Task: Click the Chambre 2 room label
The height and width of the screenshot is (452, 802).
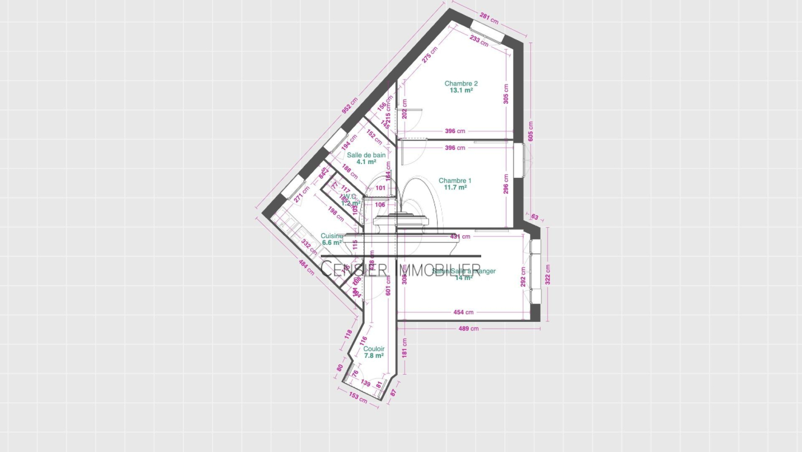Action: tap(461, 84)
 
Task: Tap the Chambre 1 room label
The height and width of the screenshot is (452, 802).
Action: tap(455, 181)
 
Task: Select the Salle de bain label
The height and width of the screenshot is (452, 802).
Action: tap(366, 155)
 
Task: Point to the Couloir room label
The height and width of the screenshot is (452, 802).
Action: tap(374, 349)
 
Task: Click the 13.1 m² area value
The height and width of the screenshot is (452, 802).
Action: tap(461, 91)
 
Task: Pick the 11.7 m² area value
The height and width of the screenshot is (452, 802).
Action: tap(455, 188)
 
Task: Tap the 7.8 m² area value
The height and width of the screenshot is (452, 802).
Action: tap(374, 356)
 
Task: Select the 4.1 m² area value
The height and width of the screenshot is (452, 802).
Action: tap(366, 162)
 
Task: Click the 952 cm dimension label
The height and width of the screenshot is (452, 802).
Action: tap(349, 106)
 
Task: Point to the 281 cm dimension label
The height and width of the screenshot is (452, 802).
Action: tap(489, 19)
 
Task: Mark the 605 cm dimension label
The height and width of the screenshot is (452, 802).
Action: tap(531, 131)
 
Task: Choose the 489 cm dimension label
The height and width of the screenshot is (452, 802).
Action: tap(468, 329)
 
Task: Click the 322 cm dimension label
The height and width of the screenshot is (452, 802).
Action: tap(548, 274)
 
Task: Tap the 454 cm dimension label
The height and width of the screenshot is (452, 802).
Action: tap(463, 313)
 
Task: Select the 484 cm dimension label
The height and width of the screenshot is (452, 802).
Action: tap(306, 267)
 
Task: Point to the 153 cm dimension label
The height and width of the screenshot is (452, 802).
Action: tap(358, 398)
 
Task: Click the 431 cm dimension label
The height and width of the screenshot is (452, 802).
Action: tap(460, 236)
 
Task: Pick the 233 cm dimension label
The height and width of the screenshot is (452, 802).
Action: tap(479, 40)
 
